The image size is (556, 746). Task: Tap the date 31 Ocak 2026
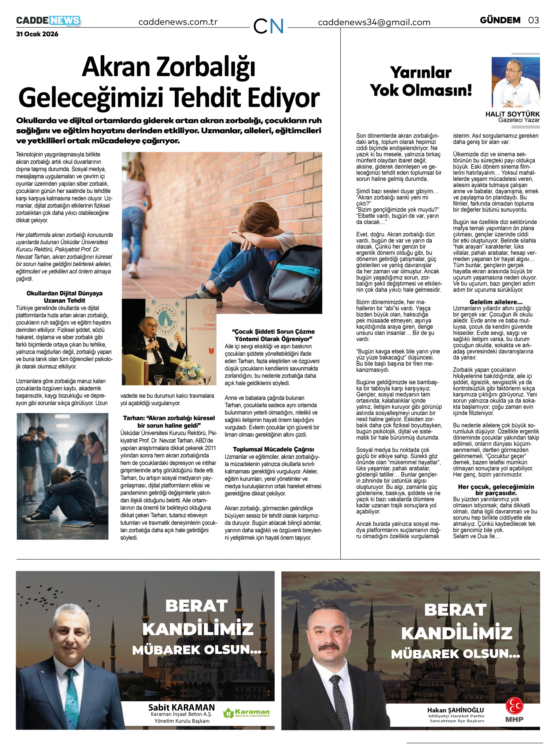tap(37, 34)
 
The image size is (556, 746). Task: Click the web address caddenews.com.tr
tap(178, 22)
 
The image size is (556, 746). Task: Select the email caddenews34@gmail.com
tap(374, 22)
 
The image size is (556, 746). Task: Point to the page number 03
tap(534, 20)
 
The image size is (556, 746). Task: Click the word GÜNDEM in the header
tap(500, 20)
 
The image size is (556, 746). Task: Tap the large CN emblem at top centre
tap(268, 26)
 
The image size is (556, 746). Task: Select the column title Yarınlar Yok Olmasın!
tap(421, 81)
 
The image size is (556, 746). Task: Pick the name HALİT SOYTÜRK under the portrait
tap(512, 114)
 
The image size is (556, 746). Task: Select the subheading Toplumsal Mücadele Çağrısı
tap(273, 449)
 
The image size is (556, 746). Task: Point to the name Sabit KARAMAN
tap(181, 708)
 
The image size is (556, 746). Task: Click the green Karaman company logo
tap(246, 713)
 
